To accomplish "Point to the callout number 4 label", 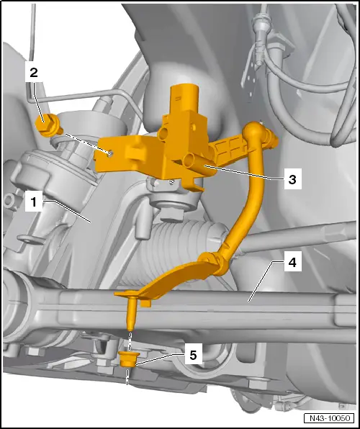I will point(292,264).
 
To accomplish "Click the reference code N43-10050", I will point(328,418).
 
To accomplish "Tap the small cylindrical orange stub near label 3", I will point(191,161).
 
